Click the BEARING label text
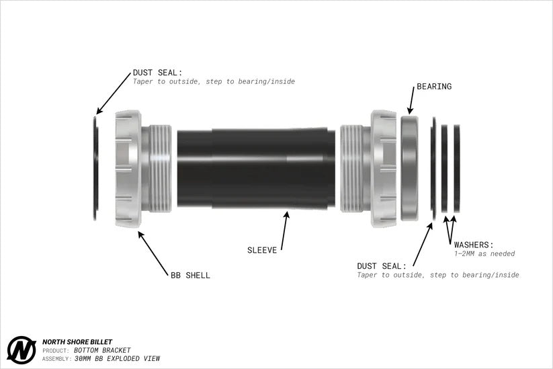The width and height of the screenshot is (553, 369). point(434,87)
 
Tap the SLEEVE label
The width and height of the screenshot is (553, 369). point(262,250)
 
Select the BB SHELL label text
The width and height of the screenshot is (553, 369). point(190,275)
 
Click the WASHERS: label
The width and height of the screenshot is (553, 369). point(474,245)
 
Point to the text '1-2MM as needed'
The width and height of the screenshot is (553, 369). point(484,253)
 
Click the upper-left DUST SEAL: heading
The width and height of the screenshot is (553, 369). point(157,73)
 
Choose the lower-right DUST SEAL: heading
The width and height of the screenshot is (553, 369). point(382,266)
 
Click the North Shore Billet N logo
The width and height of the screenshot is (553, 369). point(22,350)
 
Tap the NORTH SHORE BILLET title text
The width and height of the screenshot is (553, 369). point(77,342)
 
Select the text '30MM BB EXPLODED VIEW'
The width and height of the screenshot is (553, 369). point(117,358)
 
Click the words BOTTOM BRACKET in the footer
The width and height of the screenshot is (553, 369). point(102,350)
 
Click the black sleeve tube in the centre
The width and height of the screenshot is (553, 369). point(256,169)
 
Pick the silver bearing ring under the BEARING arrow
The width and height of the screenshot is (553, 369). point(409,169)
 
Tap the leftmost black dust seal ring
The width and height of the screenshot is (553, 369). point(95,169)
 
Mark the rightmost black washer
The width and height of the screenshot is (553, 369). point(457,169)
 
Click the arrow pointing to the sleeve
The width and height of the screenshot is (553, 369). point(285,231)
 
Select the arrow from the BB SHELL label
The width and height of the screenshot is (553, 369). point(153,253)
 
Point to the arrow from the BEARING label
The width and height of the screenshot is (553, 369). point(411,100)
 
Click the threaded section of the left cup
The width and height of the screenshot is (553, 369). point(161,169)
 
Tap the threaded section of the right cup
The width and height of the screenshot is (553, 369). point(351,169)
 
